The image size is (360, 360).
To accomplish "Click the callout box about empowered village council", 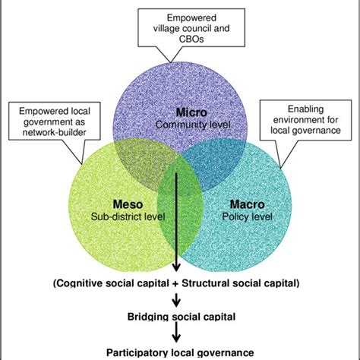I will tap(180, 29).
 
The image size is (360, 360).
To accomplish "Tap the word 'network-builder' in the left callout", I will tap(47, 131).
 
